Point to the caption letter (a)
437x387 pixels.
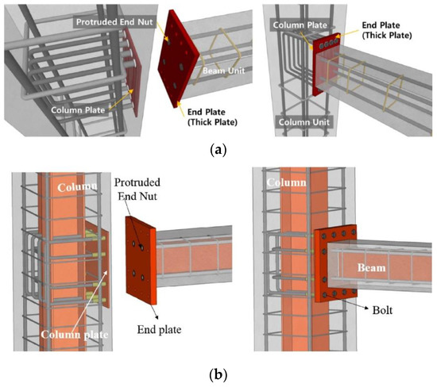pos(218,147)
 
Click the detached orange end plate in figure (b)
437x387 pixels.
pos(141,258)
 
